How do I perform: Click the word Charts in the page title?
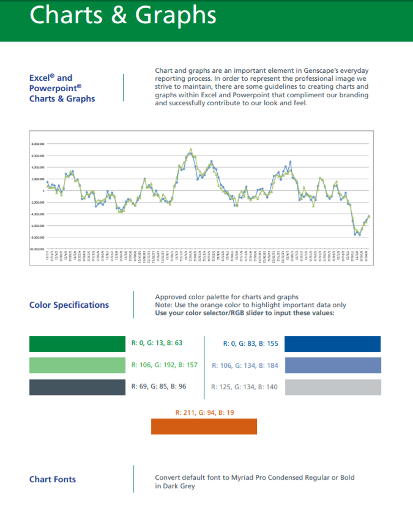point(65,16)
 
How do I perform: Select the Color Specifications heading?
point(69,305)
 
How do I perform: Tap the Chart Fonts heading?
point(53,479)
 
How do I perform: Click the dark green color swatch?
point(77,344)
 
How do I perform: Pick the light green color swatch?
point(77,365)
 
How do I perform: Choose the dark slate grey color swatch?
point(77,387)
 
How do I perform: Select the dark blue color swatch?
point(333,344)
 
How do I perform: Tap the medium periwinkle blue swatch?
point(333,365)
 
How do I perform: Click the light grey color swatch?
point(333,387)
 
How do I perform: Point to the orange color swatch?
point(204,426)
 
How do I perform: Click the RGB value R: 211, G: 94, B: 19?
point(204,412)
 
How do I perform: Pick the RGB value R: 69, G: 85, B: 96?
point(159,387)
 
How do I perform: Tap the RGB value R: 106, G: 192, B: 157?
point(165,365)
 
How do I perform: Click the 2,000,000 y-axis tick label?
point(38,179)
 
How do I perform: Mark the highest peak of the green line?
point(191,149)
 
